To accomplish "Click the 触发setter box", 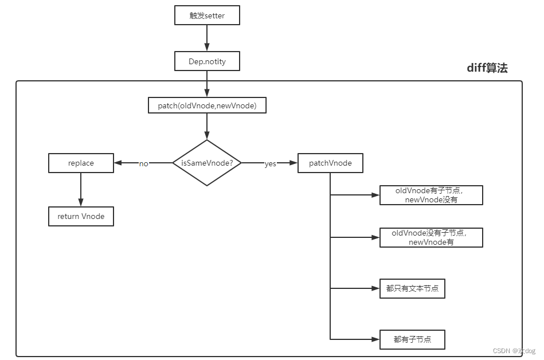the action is [207, 15].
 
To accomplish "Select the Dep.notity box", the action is [207, 61].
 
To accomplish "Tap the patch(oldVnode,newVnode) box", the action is [207, 105].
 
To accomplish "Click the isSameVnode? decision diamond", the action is [207, 163].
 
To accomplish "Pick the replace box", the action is [81, 163].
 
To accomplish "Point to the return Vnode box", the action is [81, 217].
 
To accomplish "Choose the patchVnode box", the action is [330, 163].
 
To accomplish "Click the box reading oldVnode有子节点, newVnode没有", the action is [431, 195].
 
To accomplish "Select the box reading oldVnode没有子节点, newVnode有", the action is [431, 237].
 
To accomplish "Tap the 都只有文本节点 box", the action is [412, 288].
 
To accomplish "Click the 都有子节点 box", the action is [412, 339].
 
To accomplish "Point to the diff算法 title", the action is [487, 68].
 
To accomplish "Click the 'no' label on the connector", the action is [144, 164].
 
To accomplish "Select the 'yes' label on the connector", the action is [270, 164].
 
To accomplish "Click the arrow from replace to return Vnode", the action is [81, 190].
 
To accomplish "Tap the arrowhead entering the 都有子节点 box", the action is [375, 339].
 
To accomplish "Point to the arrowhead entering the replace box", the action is [118, 163].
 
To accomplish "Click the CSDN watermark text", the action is [514, 351].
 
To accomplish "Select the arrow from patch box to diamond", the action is [207, 126].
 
